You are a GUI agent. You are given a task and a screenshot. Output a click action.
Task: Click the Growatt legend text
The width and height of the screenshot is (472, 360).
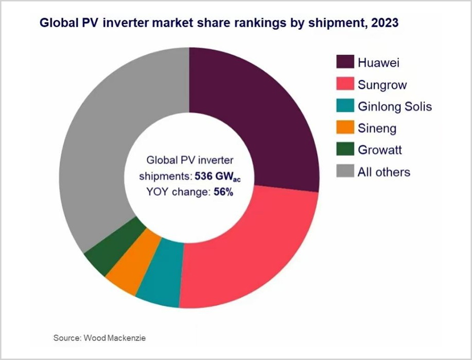(379, 150)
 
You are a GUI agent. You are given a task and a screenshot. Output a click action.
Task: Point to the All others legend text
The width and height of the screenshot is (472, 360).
(384, 172)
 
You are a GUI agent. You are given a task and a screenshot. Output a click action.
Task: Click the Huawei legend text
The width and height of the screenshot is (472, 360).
(378, 63)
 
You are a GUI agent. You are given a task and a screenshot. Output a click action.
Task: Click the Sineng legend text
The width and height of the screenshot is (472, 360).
(377, 128)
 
